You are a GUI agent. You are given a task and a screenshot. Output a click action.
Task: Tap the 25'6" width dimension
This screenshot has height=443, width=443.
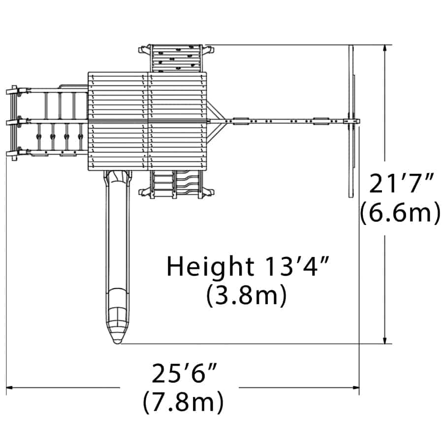(x=185, y=373)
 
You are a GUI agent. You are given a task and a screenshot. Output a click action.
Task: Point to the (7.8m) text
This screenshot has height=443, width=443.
(x=184, y=402)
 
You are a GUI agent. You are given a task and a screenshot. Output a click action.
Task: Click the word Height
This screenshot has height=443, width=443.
(x=210, y=267)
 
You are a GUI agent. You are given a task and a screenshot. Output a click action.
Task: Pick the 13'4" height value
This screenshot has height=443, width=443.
(x=297, y=266)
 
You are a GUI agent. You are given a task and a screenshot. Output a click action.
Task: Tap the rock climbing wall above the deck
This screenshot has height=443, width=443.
(x=177, y=58)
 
